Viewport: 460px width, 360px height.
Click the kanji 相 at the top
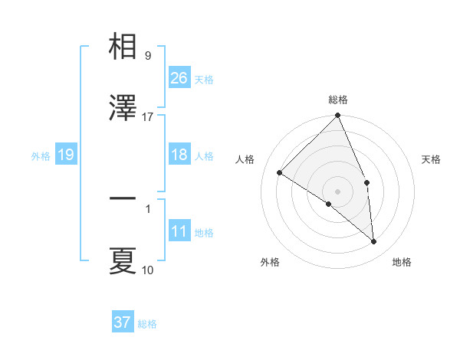click(x=123, y=47)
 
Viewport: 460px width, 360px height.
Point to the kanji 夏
click(x=123, y=261)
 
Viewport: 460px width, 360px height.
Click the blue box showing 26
click(x=179, y=78)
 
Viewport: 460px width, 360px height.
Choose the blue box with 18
click(x=179, y=155)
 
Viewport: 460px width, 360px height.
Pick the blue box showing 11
click(x=179, y=231)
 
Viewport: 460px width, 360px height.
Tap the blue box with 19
click(x=65, y=155)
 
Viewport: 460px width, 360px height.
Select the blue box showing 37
click(x=122, y=322)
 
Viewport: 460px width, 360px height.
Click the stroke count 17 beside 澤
click(x=148, y=116)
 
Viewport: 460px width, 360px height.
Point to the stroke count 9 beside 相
click(x=147, y=55)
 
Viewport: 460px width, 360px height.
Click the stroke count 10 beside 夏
click(x=148, y=270)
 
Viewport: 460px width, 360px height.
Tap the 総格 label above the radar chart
click(x=337, y=100)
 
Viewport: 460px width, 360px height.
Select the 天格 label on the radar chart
click(x=431, y=159)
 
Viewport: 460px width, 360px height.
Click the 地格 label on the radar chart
click(x=402, y=262)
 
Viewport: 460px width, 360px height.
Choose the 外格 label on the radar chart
click(x=270, y=262)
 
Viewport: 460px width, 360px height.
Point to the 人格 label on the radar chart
click(x=246, y=159)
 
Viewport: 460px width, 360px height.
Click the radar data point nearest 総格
click(x=337, y=116)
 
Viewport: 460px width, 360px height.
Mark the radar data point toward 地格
click(x=373, y=242)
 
